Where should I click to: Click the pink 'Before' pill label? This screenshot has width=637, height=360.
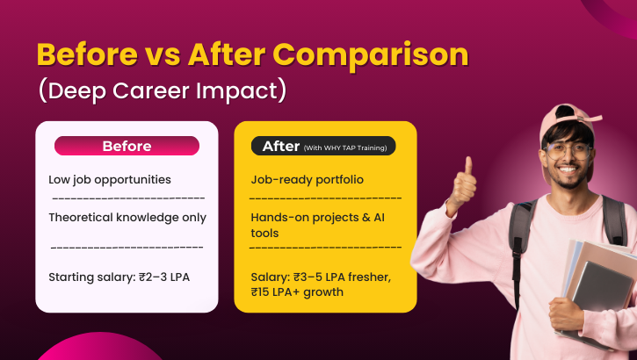tap(127, 146)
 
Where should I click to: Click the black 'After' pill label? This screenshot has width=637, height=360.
tap(323, 146)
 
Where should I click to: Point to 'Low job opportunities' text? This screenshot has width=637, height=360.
tap(110, 179)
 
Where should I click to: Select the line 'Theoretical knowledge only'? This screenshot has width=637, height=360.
tap(127, 217)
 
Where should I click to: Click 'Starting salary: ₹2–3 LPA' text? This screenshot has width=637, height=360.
tap(119, 277)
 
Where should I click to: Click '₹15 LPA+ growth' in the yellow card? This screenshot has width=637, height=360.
tap(297, 292)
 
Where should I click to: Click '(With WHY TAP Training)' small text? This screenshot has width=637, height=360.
tap(349, 147)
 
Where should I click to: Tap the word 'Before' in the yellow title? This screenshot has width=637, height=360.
tap(83, 54)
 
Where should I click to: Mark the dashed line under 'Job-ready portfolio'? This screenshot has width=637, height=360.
tap(326, 198)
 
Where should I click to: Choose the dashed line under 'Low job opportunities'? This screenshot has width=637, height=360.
tap(127, 198)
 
